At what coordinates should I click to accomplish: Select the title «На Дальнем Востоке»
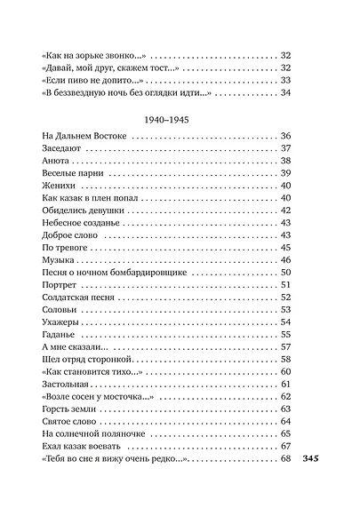85,136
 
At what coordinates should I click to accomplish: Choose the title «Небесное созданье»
81,223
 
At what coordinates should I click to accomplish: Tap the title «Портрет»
61,285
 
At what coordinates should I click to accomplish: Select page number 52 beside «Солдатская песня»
285,298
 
